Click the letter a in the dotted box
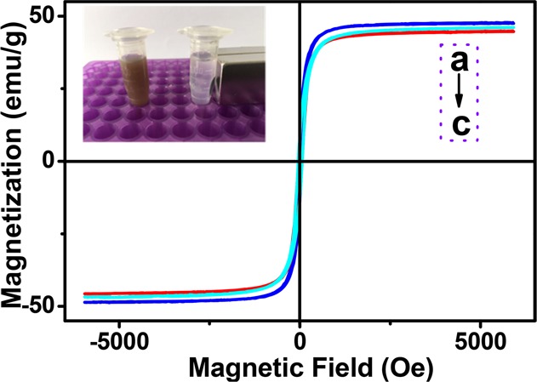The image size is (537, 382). [459, 61]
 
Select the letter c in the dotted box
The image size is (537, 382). [459, 124]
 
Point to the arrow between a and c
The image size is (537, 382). [459, 92]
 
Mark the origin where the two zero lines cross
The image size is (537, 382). [300, 161]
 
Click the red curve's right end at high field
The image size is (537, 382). [511, 31]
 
